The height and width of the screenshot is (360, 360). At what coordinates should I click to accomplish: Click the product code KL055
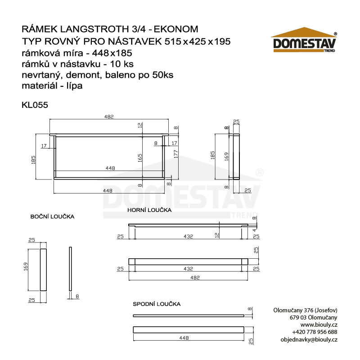pyautogui.click(x=35, y=104)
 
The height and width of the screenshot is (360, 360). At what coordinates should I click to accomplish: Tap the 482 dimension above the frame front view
pyautogui.click(x=109, y=117)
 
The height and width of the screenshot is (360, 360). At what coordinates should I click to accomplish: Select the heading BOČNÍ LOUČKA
pyautogui.click(x=52, y=216)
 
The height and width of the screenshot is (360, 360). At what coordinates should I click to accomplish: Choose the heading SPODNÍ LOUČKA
pyautogui.click(x=157, y=304)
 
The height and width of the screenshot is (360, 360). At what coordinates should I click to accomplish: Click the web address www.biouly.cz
pyautogui.click(x=319, y=324)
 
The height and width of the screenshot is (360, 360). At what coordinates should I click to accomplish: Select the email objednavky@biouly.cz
pyautogui.click(x=309, y=339)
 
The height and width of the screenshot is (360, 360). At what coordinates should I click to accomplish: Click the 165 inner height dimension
pyautogui.click(x=140, y=158)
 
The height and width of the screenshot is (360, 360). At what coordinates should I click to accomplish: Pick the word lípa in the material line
pyautogui.click(x=73, y=85)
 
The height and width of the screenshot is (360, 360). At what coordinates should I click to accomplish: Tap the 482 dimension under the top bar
pyautogui.click(x=194, y=278)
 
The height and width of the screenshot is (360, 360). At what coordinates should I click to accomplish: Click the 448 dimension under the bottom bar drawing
pyautogui.click(x=184, y=337)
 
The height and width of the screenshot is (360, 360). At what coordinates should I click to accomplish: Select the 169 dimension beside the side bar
pyautogui.click(x=26, y=267)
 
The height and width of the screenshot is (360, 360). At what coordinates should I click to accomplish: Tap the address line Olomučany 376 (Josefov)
pyautogui.click(x=305, y=310)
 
